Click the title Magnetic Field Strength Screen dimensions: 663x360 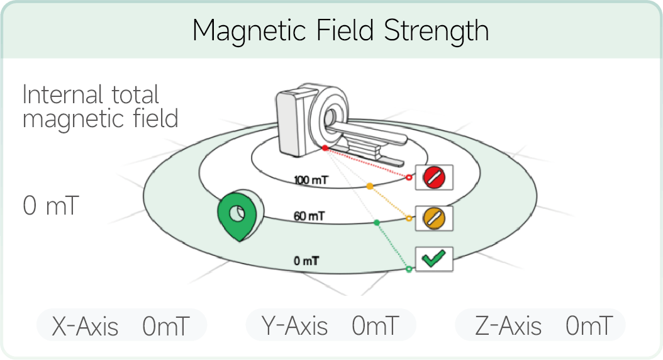click(341, 31)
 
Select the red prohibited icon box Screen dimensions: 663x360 click(434, 177)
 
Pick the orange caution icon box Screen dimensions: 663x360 click(434, 218)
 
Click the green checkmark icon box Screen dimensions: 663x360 click(434, 259)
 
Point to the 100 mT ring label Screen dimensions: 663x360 click(311, 180)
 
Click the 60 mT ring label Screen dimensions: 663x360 click(309, 217)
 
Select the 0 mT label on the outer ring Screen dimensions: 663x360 click(306, 261)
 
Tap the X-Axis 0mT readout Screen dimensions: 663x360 click(122, 326)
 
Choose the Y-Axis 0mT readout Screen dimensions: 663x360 click(331, 326)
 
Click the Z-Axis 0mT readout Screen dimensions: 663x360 click(540, 326)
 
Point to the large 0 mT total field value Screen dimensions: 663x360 click(51, 206)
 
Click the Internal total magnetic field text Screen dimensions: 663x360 click(100, 106)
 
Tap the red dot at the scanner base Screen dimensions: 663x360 click(325, 148)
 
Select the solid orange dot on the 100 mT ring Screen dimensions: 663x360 click(369, 186)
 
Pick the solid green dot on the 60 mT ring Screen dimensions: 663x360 click(377, 223)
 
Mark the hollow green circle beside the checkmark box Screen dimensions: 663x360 click(409, 269)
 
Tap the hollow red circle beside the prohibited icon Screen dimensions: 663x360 click(409, 177)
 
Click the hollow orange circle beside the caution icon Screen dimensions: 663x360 click(409, 218)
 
